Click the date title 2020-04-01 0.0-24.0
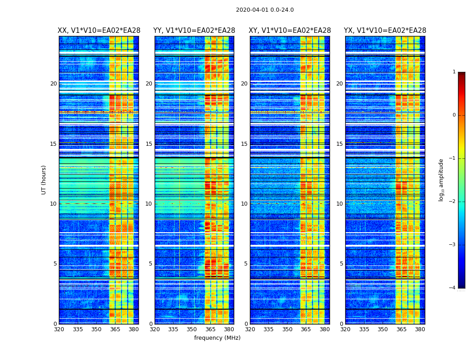click(265, 10)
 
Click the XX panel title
click(99, 31)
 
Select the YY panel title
click(194, 31)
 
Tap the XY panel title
click(290, 31)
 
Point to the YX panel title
click(385, 31)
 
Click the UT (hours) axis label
click(44, 180)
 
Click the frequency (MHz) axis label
click(217, 338)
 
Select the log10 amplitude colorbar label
click(441, 180)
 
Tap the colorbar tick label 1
click(454, 72)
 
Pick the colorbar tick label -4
click(453, 288)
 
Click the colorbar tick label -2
click(453, 202)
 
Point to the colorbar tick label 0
click(454, 115)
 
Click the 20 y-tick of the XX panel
click(53, 84)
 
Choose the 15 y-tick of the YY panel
click(149, 144)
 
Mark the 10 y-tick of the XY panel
click(244, 204)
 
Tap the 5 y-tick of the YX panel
click(341, 264)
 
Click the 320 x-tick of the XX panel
click(59, 329)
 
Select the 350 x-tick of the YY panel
click(192, 329)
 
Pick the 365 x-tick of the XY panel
click(306, 329)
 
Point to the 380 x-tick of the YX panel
click(420, 329)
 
